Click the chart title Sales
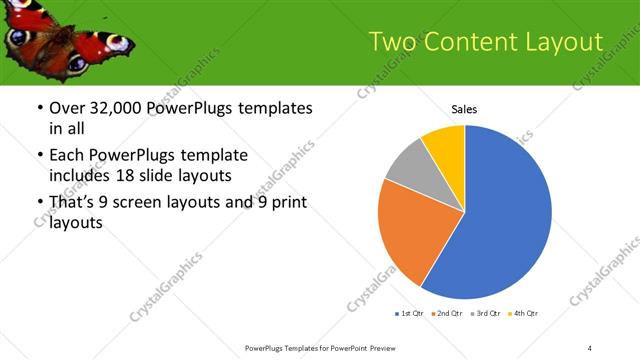[x=464, y=109]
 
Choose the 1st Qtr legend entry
[x=411, y=314]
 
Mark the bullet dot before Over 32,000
[x=39, y=108]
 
